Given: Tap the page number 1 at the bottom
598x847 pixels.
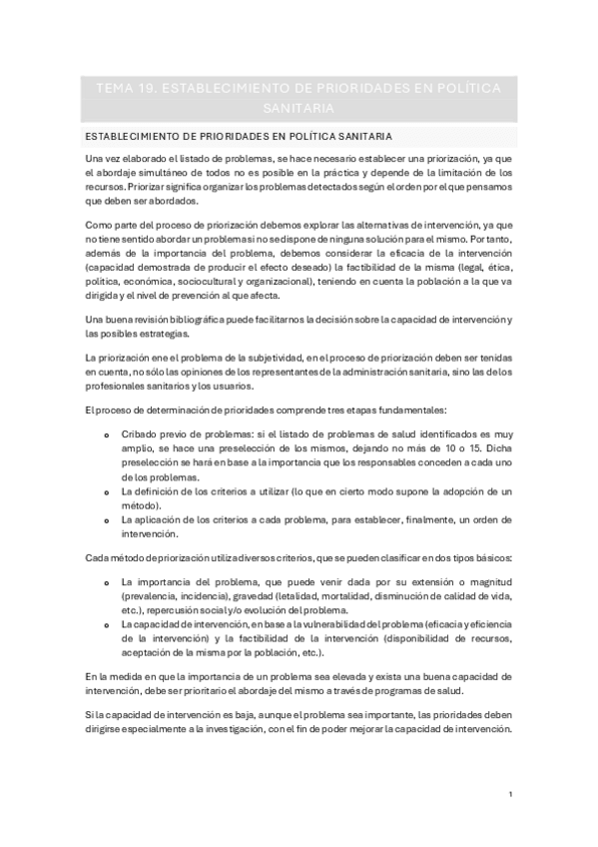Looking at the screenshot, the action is tap(509, 794).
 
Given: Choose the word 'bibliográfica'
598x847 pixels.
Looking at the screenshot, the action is tap(197, 320).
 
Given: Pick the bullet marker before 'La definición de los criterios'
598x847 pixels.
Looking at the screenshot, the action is tap(107, 492).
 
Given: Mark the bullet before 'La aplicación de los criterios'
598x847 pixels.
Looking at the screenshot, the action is tap(107, 520).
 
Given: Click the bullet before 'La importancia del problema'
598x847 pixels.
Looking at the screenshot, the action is tap(107, 581).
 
